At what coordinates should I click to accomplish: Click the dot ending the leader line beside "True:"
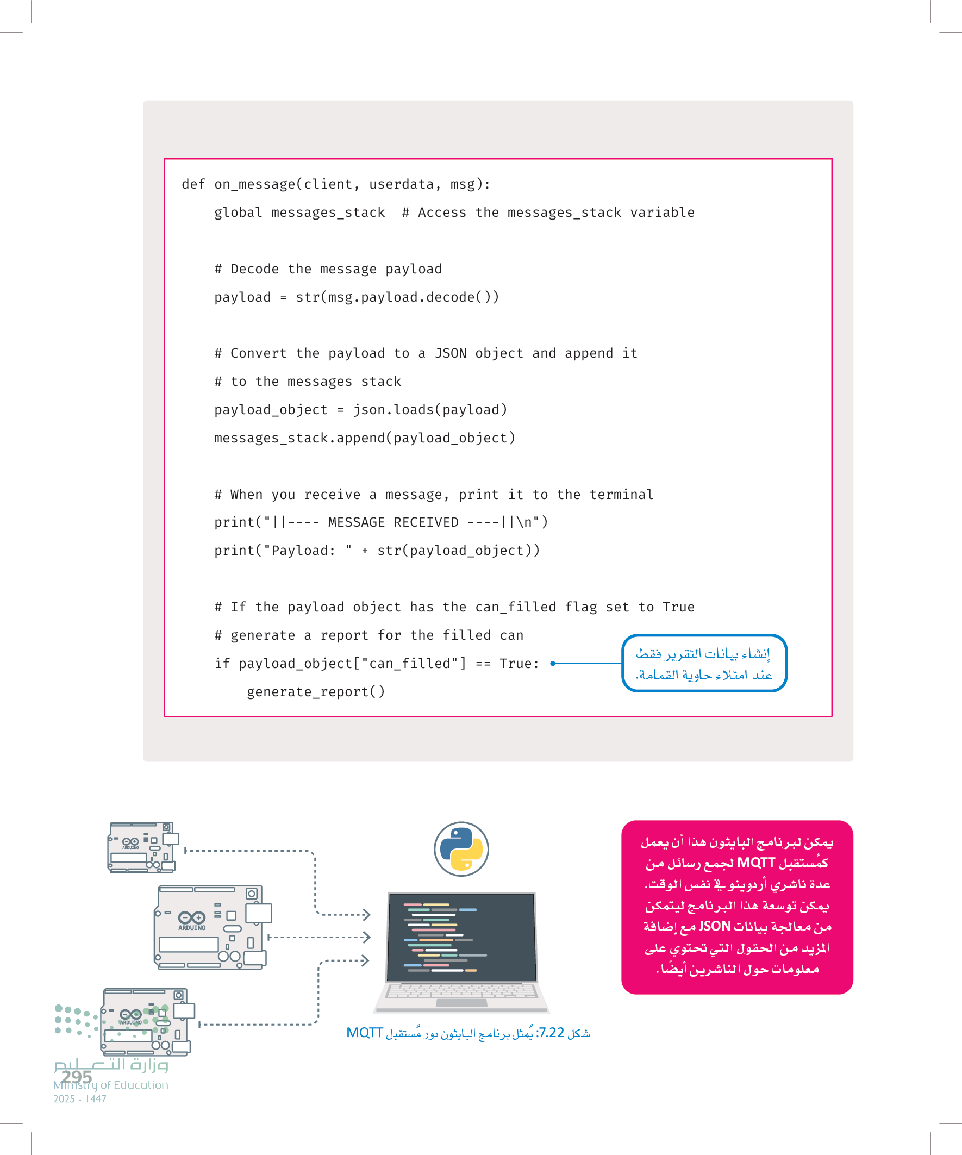point(553,663)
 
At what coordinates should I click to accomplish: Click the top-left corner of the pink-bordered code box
point(165,159)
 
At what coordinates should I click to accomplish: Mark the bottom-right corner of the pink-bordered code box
point(832,717)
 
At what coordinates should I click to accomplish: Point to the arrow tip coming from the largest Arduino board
point(370,937)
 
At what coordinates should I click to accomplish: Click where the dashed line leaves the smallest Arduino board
point(185,851)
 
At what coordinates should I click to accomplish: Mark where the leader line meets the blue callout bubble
point(622,663)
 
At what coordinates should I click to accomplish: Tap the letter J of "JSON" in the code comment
point(439,353)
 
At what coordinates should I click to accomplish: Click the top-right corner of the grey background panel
point(853,101)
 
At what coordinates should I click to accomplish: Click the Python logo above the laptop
point(461,849)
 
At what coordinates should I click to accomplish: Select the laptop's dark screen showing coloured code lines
point(461,937)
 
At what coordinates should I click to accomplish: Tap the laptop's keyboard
point(461,991)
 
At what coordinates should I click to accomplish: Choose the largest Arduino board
point(213,927)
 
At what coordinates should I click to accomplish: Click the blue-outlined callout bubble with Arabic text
point(704,663)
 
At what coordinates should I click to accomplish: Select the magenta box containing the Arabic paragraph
point(737,907)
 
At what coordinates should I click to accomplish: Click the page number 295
point(77,1076)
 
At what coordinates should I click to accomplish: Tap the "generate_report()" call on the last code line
point(316,692)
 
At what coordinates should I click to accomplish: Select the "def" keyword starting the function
point(193,184)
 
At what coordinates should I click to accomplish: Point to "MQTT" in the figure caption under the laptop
point(364,1032)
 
